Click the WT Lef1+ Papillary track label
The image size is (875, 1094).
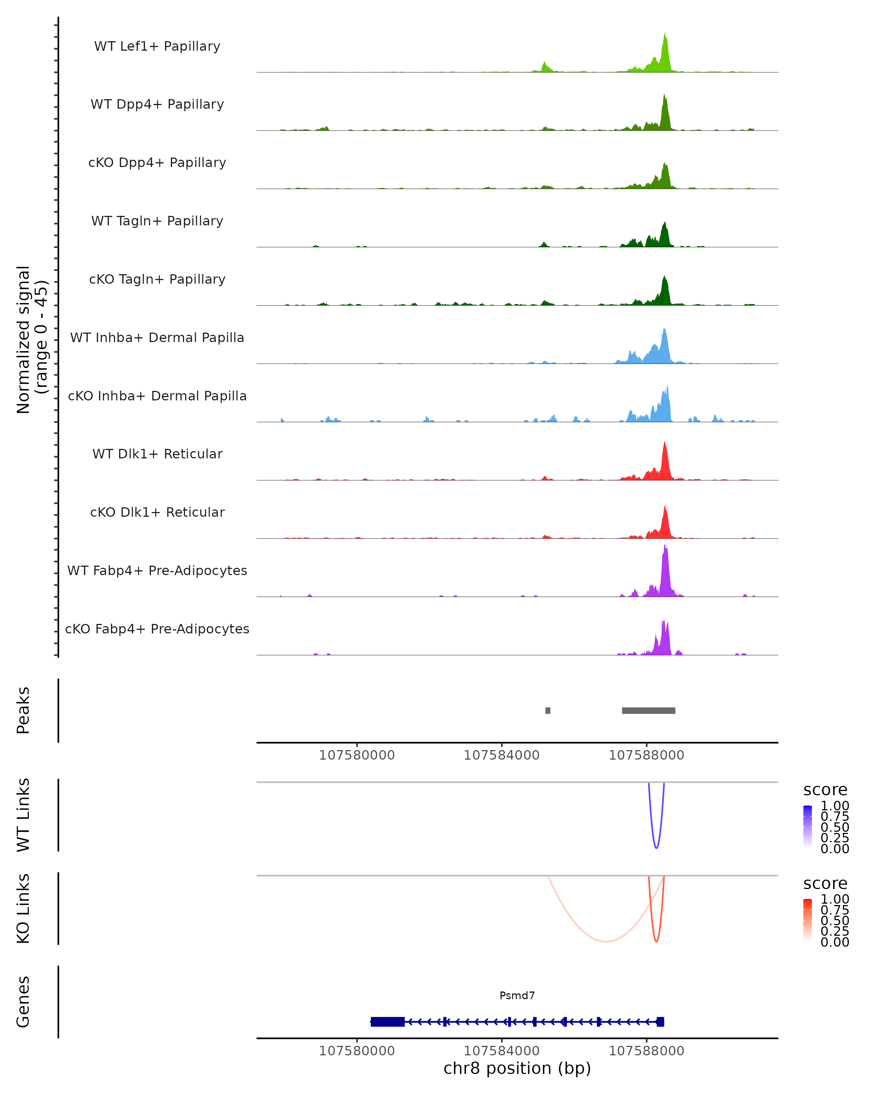(x=157, y=46)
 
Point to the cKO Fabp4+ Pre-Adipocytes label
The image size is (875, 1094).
(x=157, y=629)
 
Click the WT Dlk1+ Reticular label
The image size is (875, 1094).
(x=157, y=454)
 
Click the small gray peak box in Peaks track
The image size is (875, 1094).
(x=548, y=710)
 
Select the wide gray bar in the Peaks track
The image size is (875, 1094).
(x=648, y=710)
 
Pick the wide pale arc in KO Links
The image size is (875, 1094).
(x=606, y=941)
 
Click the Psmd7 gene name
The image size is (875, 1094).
(x=517, y=996)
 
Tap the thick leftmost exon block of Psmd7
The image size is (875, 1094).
(x=388, y=1022)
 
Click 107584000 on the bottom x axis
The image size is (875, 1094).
(x=502, y=1051)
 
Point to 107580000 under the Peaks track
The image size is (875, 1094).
(x=357, y=755)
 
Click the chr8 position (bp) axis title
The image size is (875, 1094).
(x=517, y=1068)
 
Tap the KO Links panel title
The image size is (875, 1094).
(x=23, y=908)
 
